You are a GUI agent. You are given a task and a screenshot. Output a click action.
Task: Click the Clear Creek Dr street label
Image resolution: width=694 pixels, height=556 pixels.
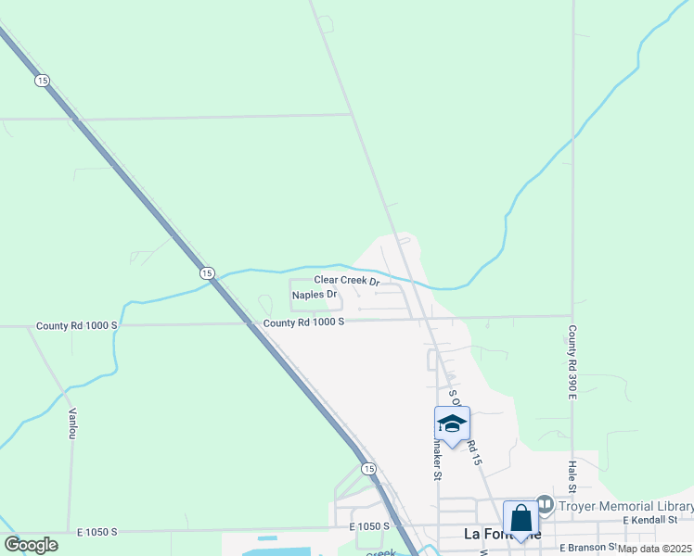tap(347, 280)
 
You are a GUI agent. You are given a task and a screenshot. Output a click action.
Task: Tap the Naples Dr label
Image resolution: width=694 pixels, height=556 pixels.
tap(315, 295)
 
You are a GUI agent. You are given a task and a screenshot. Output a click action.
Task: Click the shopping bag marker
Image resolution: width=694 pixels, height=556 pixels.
tap(520, 520)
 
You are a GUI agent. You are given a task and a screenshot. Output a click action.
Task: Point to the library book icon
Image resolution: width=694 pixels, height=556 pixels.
tap(545, 505)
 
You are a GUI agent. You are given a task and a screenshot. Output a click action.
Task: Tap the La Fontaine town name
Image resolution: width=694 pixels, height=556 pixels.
tap(498, 534)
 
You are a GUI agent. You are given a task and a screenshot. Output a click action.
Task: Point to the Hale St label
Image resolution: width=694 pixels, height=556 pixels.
tap(572, 477)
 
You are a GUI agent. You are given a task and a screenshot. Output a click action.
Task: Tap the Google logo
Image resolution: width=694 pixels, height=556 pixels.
tap(31, 544)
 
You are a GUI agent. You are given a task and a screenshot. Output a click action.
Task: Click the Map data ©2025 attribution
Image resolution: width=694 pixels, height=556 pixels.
tap(655, 549)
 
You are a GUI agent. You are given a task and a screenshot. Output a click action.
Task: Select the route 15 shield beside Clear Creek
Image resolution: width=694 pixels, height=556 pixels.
tap(207, 272)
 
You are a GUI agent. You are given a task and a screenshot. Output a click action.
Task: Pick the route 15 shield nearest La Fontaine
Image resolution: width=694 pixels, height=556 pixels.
tap(368, 469)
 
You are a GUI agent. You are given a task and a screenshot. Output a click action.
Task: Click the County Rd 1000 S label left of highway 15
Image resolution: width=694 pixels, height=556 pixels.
tap(77, 326)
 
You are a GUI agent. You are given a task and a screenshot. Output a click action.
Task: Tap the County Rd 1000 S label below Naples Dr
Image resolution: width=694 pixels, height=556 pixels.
tap(303, 322)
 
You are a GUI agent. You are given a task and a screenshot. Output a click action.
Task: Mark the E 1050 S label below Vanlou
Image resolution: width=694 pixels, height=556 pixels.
tap(96, 532)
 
